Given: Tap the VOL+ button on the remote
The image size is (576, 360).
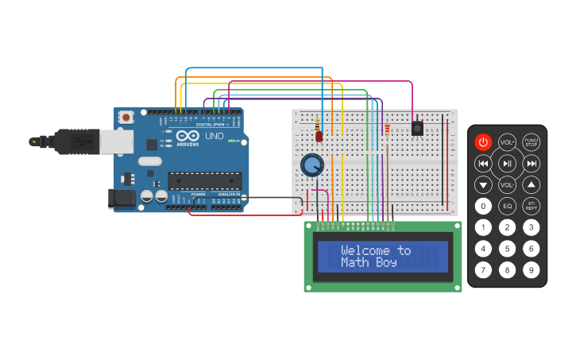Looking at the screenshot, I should point(507,142).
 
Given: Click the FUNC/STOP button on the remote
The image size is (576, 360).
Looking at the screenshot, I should point(532,142).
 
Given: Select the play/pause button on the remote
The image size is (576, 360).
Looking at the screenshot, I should point(507,163).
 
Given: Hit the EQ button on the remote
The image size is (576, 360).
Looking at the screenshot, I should point(507,206).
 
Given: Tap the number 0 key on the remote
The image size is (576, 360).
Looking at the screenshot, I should point(483,206).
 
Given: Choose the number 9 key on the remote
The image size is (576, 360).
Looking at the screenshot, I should point(532,269).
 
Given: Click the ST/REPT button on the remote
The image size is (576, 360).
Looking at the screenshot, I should point(532,206).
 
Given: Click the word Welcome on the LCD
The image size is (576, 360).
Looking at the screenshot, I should point(368,250).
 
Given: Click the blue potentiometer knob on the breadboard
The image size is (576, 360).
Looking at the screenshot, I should point(312,165).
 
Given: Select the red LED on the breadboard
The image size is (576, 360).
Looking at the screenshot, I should point(319,136).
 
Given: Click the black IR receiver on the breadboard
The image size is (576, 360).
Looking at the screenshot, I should point(416,128).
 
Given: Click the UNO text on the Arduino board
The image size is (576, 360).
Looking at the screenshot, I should point(215,136).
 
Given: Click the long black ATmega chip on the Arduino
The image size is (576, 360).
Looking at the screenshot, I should point(204,181).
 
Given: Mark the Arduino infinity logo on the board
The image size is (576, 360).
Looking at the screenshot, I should point(188,135).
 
